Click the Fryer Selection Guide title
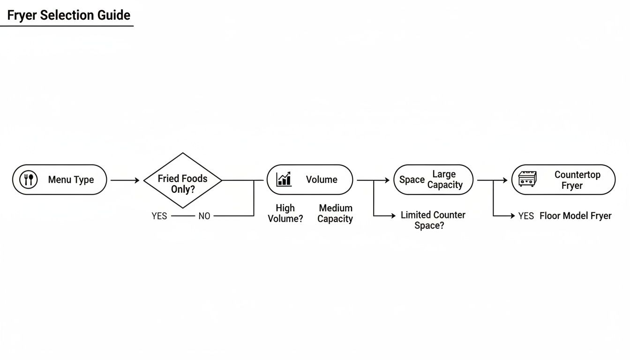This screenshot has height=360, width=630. click(x=68, y=15)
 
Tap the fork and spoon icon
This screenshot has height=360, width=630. click(x=28, y=180)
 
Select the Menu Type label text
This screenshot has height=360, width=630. click(x=71, y=180)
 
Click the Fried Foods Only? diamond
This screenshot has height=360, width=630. click(x=182, y=180)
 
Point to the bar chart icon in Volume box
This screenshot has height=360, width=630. click(x=284, y=179)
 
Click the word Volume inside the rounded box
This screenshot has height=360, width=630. click(x=322, y=180)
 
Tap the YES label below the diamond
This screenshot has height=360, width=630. click(x=159, y=216)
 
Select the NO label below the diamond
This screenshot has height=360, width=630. click(x=204, y=216)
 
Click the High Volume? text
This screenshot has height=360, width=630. click(x=285, y=213)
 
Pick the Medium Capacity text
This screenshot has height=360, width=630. click(x=335, y=213)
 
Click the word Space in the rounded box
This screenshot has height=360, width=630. click(x=412, y=180)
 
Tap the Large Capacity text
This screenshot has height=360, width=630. click(x=444, y=180)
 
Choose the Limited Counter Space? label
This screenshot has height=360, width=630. click(x=433, y=220)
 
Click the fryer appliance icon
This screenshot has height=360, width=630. click(x=527, y=179)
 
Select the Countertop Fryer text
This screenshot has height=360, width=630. click(x=577, y=180)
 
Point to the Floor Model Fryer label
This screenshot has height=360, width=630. click(x=575, y=216)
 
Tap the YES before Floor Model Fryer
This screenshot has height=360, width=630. click(x=526, y=216)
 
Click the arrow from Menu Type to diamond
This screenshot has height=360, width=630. click(x=125, y=180)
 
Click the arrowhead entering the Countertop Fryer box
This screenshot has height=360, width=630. click(x=505, y=180)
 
